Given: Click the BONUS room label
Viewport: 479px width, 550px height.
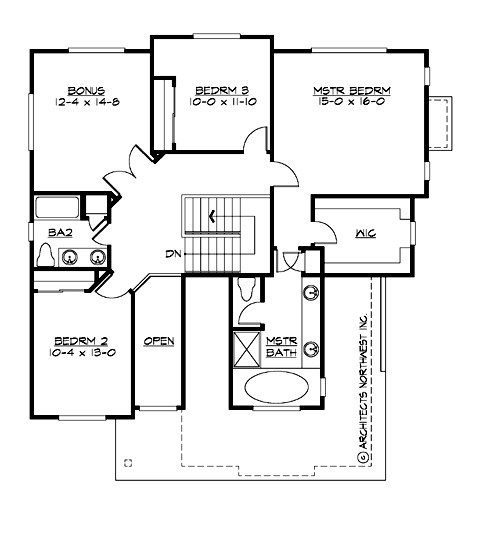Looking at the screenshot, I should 87,90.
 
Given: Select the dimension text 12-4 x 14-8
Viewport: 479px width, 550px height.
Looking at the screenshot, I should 87,102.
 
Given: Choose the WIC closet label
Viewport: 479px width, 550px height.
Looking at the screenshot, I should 364,236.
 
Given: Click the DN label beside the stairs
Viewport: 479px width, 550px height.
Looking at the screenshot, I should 172,254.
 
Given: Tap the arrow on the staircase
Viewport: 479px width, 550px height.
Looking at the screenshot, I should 211,214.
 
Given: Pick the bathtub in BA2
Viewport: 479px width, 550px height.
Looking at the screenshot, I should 57,208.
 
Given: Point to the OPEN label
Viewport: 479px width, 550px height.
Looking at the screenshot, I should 159,341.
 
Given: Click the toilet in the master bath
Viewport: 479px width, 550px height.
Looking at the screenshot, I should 248,287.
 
